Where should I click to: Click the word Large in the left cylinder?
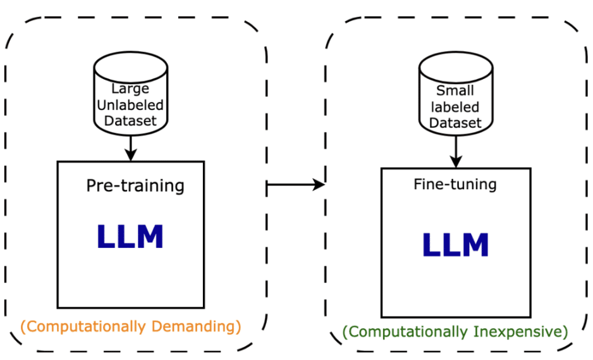pyautogui.click(x=130, y=89)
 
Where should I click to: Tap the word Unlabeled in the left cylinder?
pyautogui.click(x=130, y=105)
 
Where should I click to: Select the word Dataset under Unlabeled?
pyautogui.click(x=130, y=121)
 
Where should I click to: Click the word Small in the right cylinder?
pyautogui.click(x=455, y=90)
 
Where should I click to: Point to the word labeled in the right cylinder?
pyautogui.click(x=455, y=107)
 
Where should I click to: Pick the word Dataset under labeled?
pyautogui.click(x=455, y=123)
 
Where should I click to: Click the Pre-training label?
pyautogui.click(x=135, y=186)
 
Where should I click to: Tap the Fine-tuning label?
pyautogui.click(x=455, y=184)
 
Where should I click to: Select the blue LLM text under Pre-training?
pyautogui.click(x=130, y=237)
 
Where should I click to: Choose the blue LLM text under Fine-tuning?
pyautogui.click(x=455, y=245)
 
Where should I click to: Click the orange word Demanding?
pyautogui.click(x=196, y=326)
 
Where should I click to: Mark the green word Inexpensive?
pyautogui.click(x=521, y=332)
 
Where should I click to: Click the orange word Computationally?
pyautogui.click(x=83, y=326)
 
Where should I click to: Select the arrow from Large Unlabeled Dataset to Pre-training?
pyautogui.click(x=130, y=149)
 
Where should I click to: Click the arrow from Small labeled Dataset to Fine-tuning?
pyautogui.click(x=456, y=152)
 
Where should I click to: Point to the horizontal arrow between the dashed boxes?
pyautogui.click(x=296, y=185)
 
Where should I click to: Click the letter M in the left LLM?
pyautogui.click(x=150, y=237)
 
